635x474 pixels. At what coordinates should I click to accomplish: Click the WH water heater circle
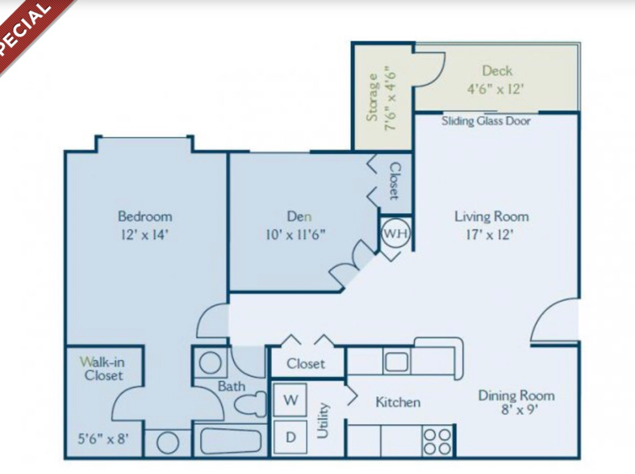coord(395,233)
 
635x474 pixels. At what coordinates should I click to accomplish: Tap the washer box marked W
coord(290,400)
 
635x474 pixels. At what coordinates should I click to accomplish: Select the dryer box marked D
coord(290,437)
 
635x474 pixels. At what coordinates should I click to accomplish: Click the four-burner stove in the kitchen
coord(437,441)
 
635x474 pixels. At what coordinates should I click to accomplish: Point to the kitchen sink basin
coord(395,362)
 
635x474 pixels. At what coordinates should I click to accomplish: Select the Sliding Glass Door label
coord(486,121)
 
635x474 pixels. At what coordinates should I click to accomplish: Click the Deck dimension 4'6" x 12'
coord(495,88)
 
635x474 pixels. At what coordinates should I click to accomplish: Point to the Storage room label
coord(373,97)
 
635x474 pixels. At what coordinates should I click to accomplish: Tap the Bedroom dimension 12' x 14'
coord(144,234)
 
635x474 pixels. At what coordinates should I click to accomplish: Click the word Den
coord(299,216)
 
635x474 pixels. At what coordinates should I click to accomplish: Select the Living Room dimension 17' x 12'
coord(490,234)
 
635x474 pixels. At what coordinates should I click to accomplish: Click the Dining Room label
coord(516,396)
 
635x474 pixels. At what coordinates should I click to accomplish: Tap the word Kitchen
coord(398,402)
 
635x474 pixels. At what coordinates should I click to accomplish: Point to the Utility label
coord(324,421)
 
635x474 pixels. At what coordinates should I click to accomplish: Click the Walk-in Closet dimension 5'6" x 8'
coord(103,438)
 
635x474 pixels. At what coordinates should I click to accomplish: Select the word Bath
coord(232,386)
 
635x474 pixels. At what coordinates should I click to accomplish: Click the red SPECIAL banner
coord(28,28)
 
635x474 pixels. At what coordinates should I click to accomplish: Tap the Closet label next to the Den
coord(395,181)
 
